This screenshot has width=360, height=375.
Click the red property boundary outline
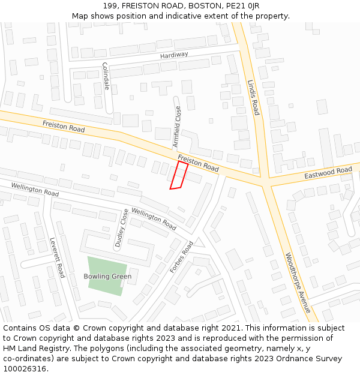point(178,175)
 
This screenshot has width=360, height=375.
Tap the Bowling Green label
point(107,277)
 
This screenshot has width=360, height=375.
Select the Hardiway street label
point(174,55)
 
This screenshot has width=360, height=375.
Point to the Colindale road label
point(106,76)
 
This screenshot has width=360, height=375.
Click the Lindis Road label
point(253,97)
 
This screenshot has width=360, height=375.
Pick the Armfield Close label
point(177,127)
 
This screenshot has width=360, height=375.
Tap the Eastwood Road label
point(328,173)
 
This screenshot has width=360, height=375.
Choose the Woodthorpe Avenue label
point(298,281)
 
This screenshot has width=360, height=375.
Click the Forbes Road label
point(181,257)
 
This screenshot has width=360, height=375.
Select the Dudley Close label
point(121,229)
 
